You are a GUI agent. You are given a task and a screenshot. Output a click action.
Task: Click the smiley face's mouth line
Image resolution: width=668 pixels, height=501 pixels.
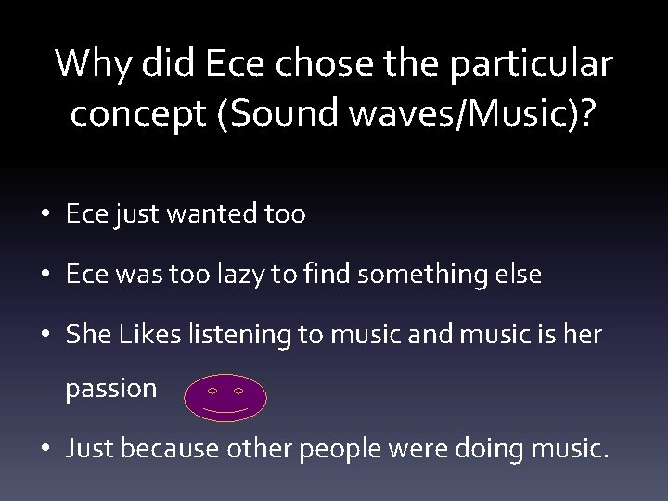[x=225, y=409]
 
